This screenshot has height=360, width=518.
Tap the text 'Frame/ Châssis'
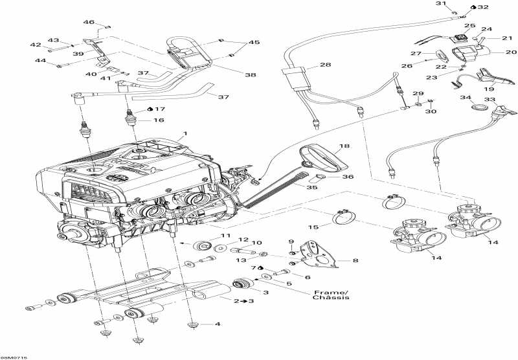(331, 295)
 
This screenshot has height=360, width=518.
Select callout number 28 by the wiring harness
(324, 65)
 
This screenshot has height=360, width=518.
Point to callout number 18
(343, 147)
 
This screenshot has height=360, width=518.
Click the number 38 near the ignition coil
(250, 75)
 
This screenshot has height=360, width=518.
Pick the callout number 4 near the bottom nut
(218, 324)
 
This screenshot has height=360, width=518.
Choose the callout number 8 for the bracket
(355, 261)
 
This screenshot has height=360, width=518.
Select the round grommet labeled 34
(480, 105)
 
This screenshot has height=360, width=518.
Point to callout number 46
(89, 22)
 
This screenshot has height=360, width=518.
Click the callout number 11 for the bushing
(225, 234)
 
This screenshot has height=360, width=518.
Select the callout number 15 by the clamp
(313, 227)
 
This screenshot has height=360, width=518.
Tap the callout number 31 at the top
(441, 5)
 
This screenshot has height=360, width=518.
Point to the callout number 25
(469, 26)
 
